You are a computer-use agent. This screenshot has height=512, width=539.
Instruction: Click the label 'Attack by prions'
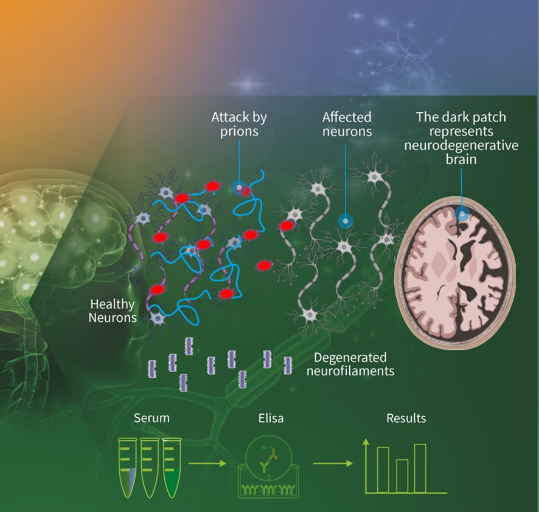[x=239, y=125]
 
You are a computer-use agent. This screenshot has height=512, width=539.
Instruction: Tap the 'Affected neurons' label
[x=347, y=125]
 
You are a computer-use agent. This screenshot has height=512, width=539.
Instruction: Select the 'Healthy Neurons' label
[x=113, y=310]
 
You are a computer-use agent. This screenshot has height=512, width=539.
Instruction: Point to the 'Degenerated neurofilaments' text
[x=350, y=364]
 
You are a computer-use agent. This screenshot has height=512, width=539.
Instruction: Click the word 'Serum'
[x=151, y=418]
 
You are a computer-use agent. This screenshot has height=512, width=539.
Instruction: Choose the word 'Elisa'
[x=271, y=418]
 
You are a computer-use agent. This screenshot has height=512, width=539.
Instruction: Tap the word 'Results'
[x=406, y=418]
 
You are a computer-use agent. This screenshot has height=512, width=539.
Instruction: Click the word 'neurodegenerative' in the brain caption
[x=461, y=145]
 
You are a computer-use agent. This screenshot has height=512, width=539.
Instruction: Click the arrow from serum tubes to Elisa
[x=207, y=463]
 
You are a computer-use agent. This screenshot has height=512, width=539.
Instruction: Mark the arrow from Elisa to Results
[x=333, y=463]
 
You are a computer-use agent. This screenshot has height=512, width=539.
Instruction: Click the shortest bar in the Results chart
[x=402, y=476]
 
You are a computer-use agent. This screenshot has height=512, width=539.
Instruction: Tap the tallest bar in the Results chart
[x=420, y=468]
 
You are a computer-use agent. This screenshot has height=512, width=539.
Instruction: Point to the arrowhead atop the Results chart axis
[x=366, y=442]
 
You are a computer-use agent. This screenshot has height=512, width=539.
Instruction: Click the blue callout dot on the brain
[x=462, y=214]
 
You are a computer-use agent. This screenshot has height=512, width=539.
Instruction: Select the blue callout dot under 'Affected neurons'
[x=345, y=221]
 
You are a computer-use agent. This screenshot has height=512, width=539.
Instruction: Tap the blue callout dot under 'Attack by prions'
[x=239, y=187]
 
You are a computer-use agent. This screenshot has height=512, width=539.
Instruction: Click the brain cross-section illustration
[x=455, y=273]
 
